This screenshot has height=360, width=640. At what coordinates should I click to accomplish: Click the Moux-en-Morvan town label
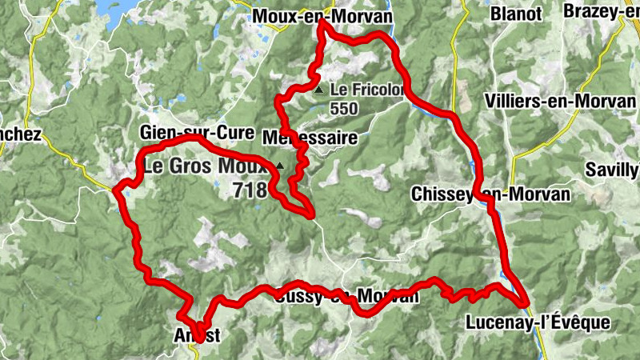pos(311,16)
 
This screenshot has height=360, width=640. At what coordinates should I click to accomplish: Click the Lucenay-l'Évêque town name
pos(537,323)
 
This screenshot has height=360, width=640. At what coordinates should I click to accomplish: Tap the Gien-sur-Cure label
pos(196,132)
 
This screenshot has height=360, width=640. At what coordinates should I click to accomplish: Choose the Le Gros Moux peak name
pos(206,167)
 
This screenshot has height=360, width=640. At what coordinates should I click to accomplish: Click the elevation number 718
pos(249,190)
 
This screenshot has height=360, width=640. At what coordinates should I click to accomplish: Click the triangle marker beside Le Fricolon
pos(319,90)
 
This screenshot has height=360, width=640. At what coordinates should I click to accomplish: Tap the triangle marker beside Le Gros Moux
pos(279,166)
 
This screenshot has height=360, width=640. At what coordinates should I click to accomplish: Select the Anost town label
pos(196,335)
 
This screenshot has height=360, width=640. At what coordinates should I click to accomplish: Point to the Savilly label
pos(612,169)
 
